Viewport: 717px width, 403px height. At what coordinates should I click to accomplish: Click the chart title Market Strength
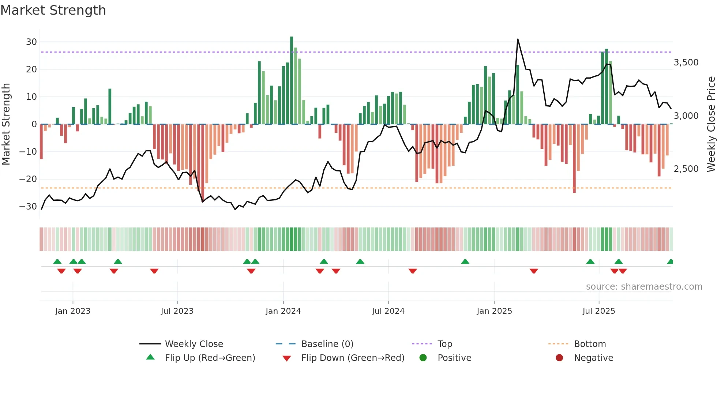coord(53,10)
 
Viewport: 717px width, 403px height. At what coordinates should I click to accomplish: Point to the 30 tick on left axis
coord(31,42)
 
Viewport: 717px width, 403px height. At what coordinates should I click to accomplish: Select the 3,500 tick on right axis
coord(686,63)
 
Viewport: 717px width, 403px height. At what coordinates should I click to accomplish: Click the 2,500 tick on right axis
coord(686,169)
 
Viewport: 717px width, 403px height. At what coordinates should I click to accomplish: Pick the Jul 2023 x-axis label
coord(177,311)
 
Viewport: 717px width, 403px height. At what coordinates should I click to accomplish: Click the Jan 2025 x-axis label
coord(494,311)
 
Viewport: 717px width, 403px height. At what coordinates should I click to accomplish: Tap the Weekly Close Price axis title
coord(711,124)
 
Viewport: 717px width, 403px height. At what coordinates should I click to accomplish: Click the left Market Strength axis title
coord(6,124)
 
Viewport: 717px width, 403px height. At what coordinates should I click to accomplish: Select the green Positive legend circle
coord(423,358)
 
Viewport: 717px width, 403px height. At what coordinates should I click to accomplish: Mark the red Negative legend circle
coord(559,358)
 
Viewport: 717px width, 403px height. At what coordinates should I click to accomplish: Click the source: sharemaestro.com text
coord(644,287)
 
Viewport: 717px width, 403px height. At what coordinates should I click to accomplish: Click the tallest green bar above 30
coord(292,80)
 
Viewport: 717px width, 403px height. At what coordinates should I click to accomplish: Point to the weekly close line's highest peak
coord(518,39)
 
